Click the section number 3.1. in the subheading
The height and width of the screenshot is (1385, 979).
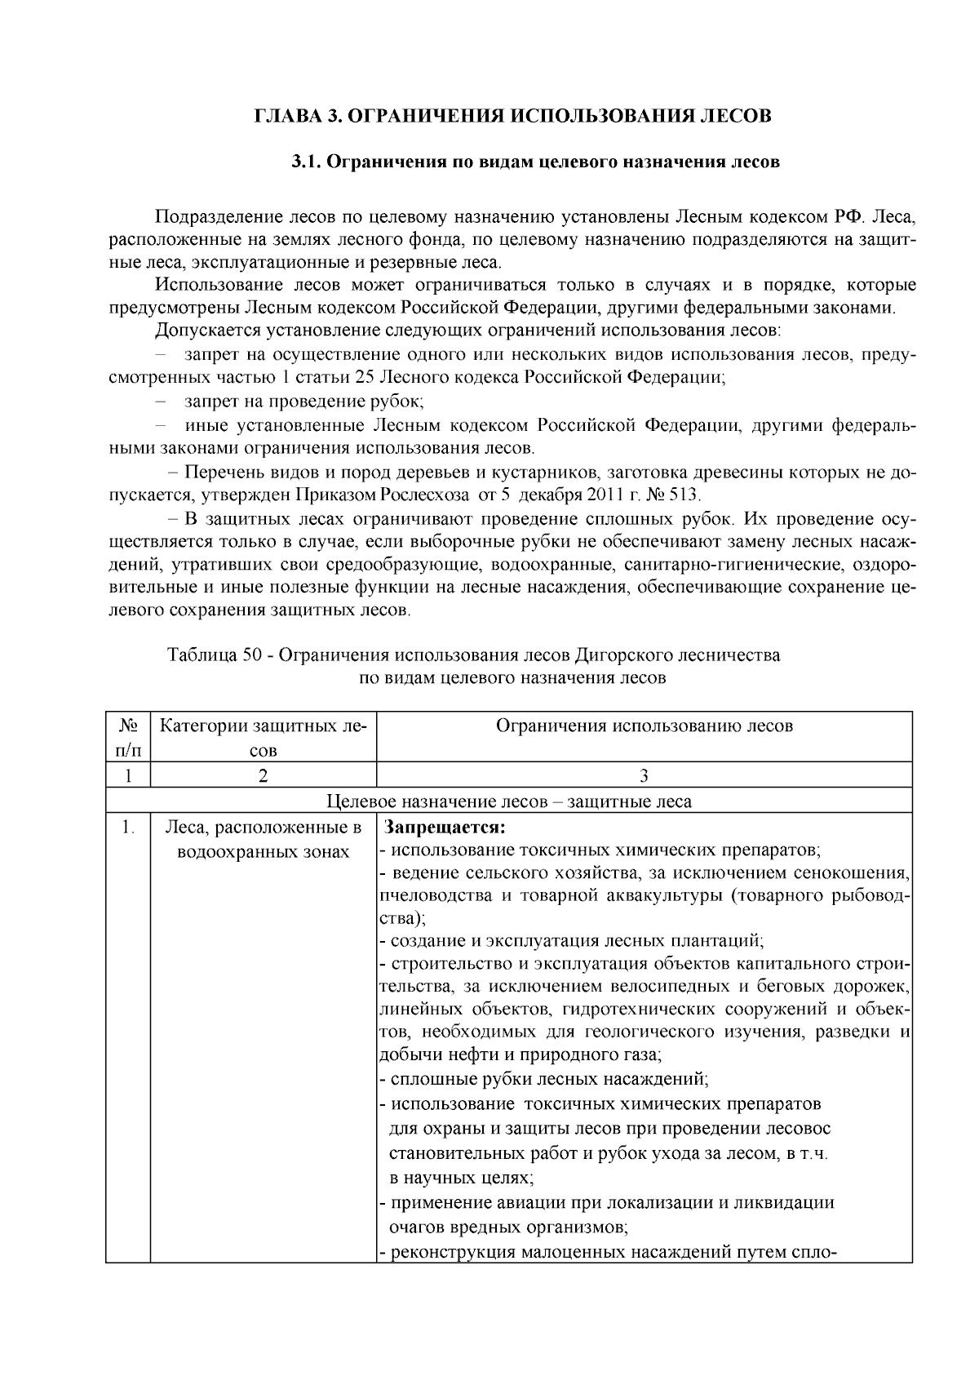[x=308, y=162]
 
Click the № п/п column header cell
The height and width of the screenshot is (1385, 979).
[x=128, y=737]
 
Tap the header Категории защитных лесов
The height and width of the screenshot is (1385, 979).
[x=263, y=737]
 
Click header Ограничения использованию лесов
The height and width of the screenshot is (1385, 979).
[x=644, y=726]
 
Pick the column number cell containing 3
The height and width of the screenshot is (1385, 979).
[x=644, y=775]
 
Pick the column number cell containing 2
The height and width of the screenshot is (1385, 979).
[x=263, y=775]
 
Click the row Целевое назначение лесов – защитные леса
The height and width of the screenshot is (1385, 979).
[x=509, y=801]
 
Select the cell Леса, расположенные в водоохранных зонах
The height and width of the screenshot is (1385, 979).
[x=263, y=840]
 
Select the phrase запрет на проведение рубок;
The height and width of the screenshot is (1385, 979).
[x=303, y=402]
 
